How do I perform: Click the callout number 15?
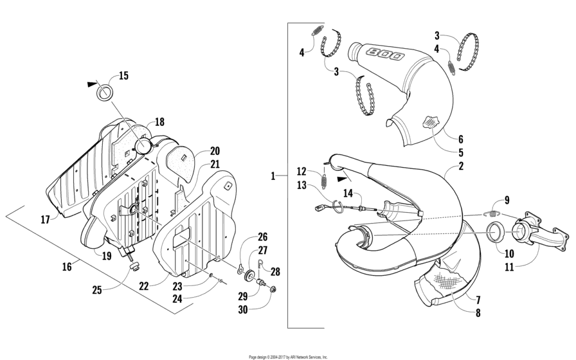pos(124,76)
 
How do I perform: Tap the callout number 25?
pos(96,290)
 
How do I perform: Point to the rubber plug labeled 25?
pos(135,266)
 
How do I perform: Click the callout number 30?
pos(243,310)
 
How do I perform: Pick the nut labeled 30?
pos(273,290)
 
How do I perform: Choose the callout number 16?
pos(66,266)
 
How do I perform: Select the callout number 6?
pos(461,139)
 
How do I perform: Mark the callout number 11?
pos(509,267)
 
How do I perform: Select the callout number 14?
pos(348,194)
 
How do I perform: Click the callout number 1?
pos(273,176)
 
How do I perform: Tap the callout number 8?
pos(478,313)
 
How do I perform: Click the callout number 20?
pos(215,151)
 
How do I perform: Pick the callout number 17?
pos(45,220)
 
